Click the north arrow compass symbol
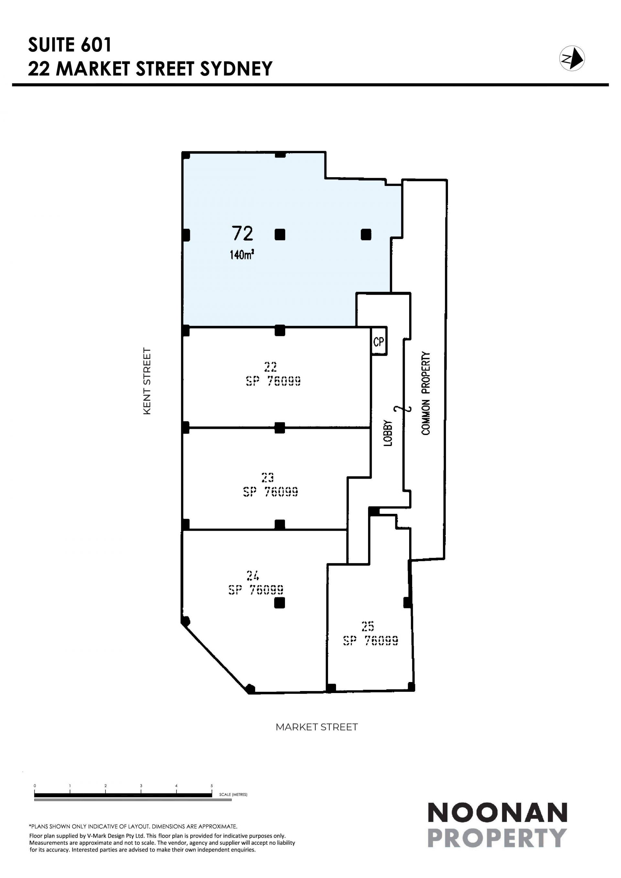[572, 59]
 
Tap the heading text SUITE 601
[70, 45]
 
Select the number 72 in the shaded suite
[243, 234]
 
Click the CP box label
[378, 341]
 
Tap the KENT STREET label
[147, 381]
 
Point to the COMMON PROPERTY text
[426, 394]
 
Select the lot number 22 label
[270, 367]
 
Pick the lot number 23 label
[267, 477]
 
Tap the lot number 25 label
[367, 626]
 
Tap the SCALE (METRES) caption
[233, 794]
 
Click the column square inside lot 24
[280, 603]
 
